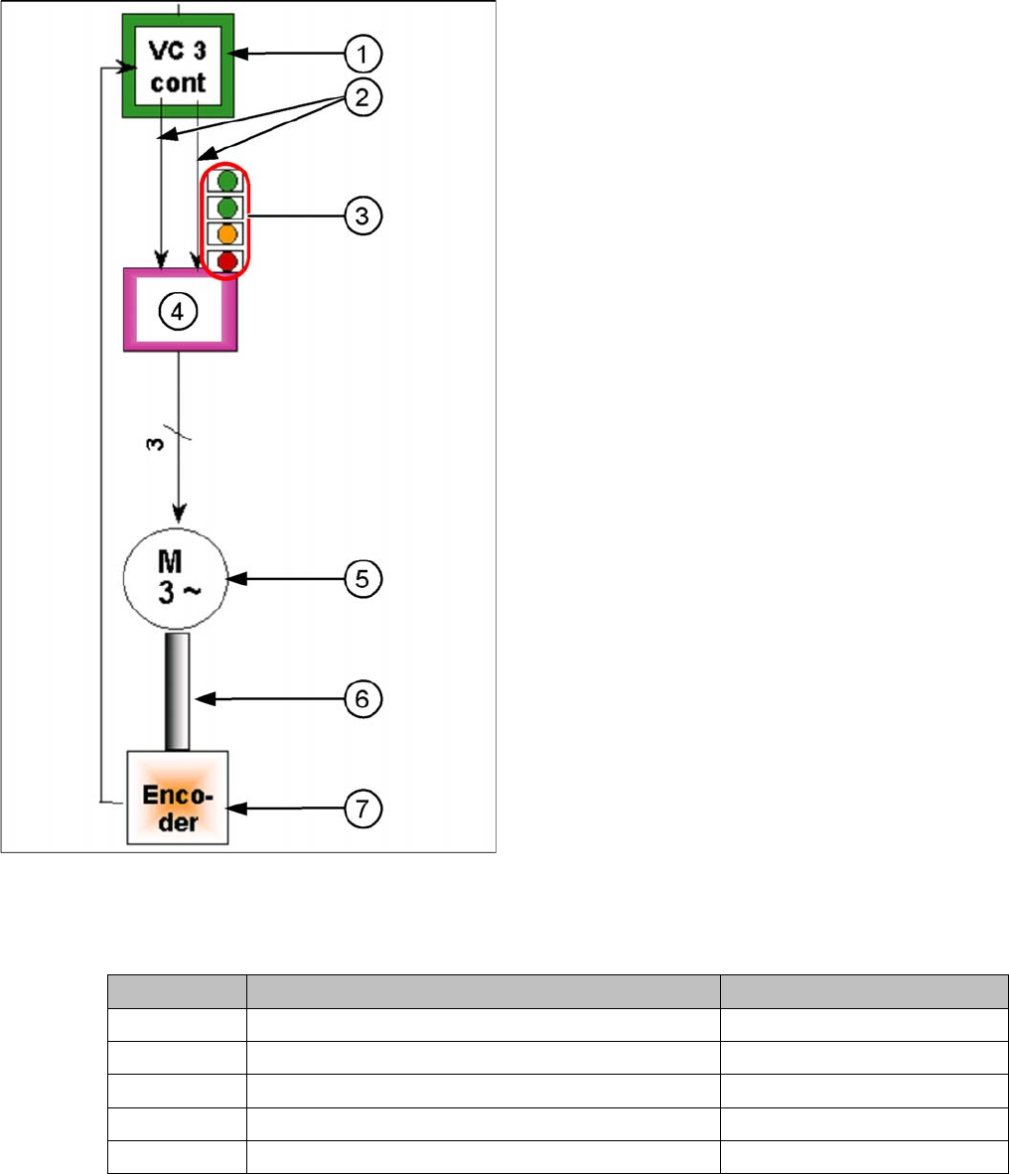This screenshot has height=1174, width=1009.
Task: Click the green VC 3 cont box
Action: click(178, 66)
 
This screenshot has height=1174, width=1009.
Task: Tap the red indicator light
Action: click(227, 262)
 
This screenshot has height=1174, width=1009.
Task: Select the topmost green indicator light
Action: click(227, 182)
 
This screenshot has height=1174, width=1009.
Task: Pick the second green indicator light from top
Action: click(227, 209)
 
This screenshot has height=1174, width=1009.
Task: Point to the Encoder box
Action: click(178, 798)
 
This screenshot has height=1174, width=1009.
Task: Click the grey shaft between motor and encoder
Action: click(178, 691)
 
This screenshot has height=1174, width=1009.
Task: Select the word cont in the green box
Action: click(179, 82)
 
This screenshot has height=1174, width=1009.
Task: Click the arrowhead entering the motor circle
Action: click(179, 515)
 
